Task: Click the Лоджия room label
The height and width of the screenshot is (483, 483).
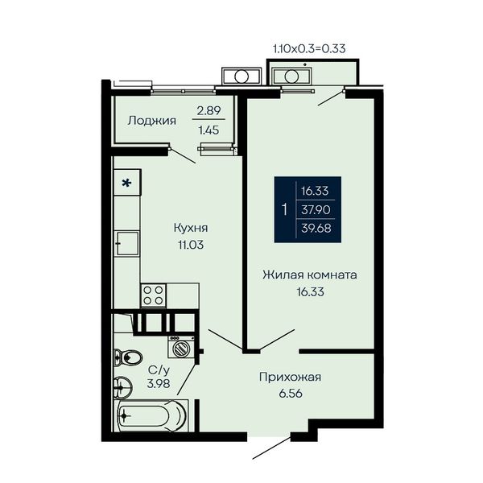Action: click(x=152, y=121)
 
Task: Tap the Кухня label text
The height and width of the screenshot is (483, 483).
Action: click(x=191, y=228)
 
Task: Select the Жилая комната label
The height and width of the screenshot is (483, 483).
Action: click(x=310, y=275)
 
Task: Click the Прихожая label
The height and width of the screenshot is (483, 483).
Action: click(x=290, y=377)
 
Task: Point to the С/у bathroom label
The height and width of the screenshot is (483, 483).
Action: click(x=159, y=369)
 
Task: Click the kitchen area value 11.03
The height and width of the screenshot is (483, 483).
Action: click(x=191, y=245)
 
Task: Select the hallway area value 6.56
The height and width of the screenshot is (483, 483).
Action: click(x=291, y=394)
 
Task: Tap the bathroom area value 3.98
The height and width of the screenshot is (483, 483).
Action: click(x=159, y=384)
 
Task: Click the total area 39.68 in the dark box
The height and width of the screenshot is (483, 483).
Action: click(x=316, y=229)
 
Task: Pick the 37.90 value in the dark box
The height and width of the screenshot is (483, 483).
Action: click(x=316, y=210)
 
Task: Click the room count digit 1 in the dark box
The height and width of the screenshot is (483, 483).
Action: click(x=285, y=209)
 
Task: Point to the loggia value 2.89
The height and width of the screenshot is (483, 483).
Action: click(x=208, y=110)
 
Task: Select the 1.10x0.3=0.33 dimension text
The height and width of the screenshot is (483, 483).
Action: click(x=309, y=48)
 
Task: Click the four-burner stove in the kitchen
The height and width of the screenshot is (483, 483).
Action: click(x=154, y=295)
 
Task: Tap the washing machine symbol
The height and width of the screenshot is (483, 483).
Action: click(x=181, y=346)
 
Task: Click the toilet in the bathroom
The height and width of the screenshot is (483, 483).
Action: click(x=128, y=357)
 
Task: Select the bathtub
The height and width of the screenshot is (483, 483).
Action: click(x=152, y=415)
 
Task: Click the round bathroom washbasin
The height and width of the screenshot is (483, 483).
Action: click(x=122, y=386)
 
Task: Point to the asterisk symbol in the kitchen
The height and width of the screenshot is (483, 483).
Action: click(x=126, y=184)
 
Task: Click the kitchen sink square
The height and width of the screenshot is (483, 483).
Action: click(x=127, y=243)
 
